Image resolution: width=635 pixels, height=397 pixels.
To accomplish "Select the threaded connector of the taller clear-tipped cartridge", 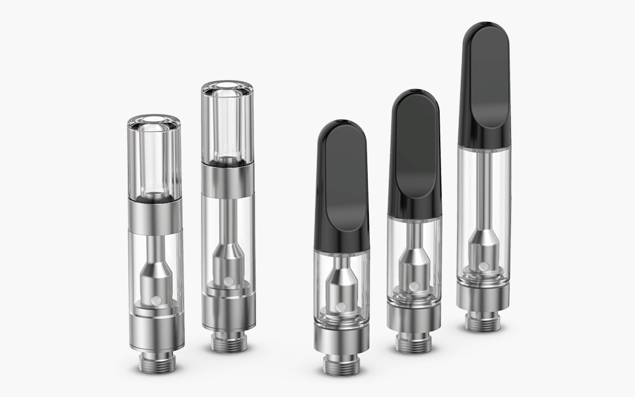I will [227, 342].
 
